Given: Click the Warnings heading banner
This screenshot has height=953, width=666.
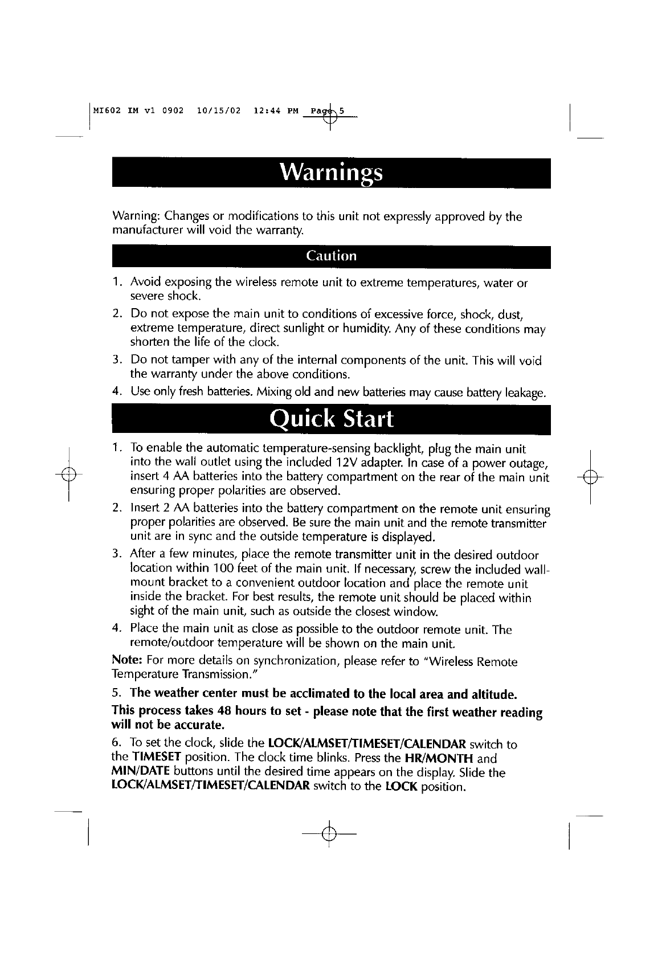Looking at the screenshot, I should pos(331,173).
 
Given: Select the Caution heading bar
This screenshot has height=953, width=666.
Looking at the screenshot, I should pos(331,256).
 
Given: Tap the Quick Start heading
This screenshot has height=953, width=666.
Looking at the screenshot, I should pos(331,419).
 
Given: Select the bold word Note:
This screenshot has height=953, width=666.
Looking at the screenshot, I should pos(128,661).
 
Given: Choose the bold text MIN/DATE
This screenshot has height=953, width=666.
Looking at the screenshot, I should pos(137,773).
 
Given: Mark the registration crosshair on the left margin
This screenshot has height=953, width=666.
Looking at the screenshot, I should pos(68,475).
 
